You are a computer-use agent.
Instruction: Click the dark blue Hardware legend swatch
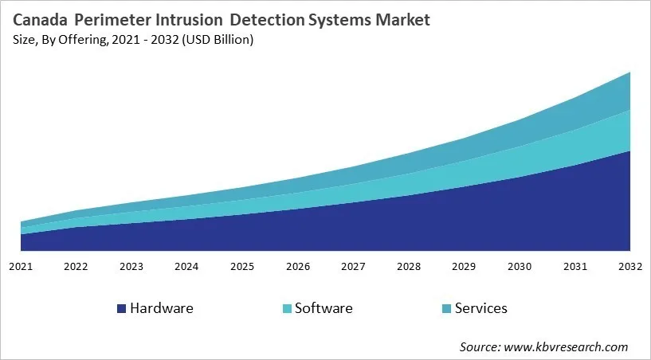tap(121, 308)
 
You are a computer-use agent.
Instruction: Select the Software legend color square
tap(286, 308)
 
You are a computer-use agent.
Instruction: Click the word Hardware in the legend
tap(161, 308)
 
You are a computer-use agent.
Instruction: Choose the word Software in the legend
tap(323, 308)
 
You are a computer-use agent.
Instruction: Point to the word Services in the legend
tap(480, 308)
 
